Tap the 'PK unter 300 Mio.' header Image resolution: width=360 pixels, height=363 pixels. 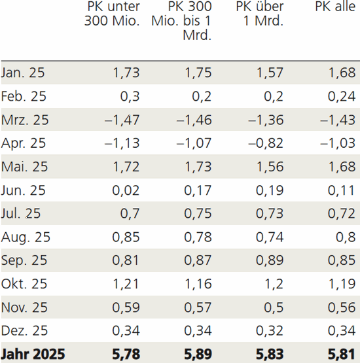[x=113, y=14]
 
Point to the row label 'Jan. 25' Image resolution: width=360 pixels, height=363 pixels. [x=24, y=73]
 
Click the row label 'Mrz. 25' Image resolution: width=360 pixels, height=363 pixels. [x=26, y=120]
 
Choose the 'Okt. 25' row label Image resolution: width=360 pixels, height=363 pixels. [x=25, y=284]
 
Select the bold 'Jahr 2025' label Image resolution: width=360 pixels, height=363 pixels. [x=33, y=354]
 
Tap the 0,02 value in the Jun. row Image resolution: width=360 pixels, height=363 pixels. [x=126, y=190]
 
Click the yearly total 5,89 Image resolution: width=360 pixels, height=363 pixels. [x=197, y=354]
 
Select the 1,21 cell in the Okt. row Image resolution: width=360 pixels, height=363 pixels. [x=126, y=284]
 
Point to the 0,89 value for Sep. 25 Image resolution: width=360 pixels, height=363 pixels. [x=269, y=260]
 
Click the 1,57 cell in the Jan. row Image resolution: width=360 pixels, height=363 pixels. [x=269, y=73]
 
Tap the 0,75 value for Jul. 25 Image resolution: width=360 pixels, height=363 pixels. [x=198, y=214]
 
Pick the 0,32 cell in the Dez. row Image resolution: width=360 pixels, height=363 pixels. [x=269, y=331]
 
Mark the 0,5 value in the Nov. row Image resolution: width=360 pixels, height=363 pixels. [x=274, y=307]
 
